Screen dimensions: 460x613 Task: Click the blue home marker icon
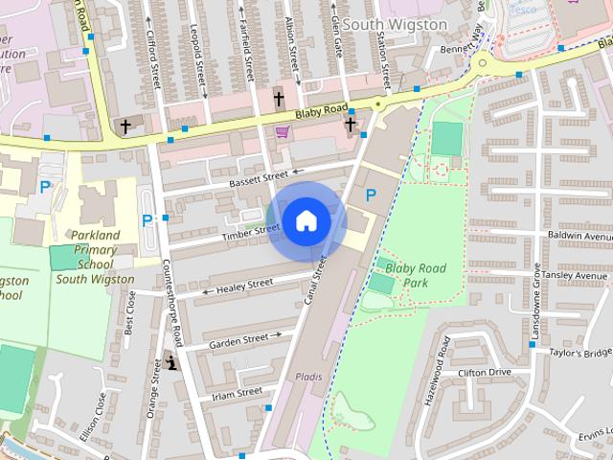pos(306,220)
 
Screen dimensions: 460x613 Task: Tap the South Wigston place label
pos(395,23)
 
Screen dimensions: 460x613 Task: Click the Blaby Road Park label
pos(415,275)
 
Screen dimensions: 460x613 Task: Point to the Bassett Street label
pos(258,178)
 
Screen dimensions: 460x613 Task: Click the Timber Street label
pos(250,231)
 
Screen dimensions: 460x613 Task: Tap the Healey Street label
pos(246,285)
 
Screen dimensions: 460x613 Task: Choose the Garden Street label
pos(238,339)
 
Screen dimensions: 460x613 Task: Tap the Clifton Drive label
pos(485,372)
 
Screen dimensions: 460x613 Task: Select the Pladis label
pos(308,377)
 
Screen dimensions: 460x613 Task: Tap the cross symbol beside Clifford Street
pos(125,126)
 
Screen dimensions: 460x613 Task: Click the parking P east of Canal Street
pos(371,195)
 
